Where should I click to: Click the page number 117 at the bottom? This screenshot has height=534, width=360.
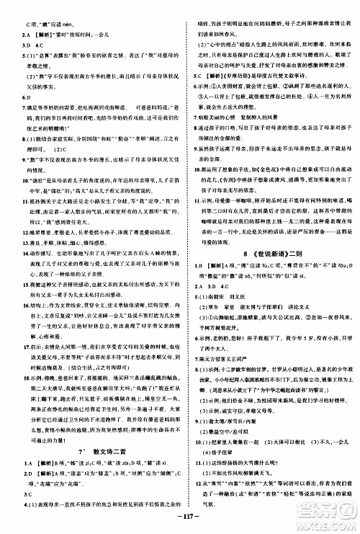point(179,518)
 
